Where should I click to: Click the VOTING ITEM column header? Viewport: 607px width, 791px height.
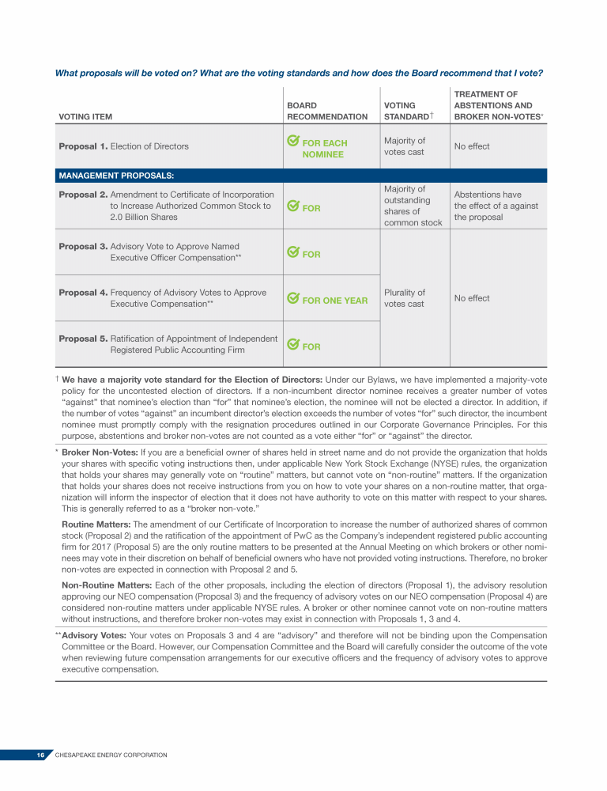85,117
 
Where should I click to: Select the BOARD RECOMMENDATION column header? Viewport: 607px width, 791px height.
326,111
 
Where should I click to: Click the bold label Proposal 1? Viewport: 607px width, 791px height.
83,146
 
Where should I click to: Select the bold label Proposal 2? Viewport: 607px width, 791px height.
83,195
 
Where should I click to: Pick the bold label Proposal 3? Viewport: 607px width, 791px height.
83,247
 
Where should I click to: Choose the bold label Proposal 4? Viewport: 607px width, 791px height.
83,293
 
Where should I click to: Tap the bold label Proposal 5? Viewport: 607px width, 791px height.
83,339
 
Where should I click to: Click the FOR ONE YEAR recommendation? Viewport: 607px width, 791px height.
334,301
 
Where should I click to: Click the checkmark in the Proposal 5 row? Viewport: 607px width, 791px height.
292,345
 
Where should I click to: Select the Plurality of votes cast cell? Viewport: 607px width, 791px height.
404,298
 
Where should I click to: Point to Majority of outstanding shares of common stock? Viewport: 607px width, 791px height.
412,206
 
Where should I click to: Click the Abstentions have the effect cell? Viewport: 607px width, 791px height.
496,206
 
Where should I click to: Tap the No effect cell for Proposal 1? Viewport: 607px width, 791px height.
472,146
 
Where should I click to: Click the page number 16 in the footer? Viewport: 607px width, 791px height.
40,755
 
